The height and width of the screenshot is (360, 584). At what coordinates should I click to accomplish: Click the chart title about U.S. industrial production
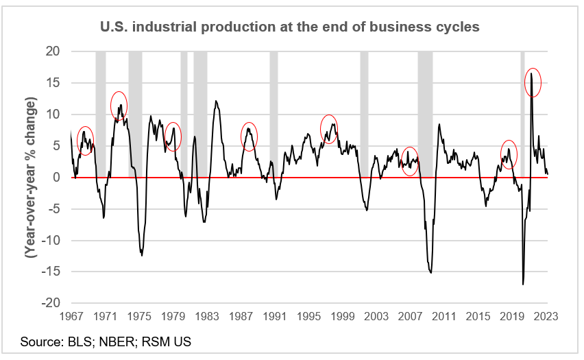[291, 28]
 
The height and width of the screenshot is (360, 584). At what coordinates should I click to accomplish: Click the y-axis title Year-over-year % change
[31, 176]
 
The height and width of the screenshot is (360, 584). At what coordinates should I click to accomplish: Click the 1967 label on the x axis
[71, 316]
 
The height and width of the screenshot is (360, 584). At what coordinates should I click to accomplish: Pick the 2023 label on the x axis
[546, 316]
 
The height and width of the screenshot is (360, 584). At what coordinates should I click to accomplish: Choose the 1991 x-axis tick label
[274, 316]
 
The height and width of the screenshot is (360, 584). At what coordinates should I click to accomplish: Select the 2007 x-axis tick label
[410, 316]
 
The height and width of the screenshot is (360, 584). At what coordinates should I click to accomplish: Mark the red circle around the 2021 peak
[533, 82]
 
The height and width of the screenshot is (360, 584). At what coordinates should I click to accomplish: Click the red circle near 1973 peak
[119, 105]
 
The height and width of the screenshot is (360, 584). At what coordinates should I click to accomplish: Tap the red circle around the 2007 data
[410, 162]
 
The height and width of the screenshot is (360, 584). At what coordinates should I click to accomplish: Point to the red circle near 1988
[249, 136]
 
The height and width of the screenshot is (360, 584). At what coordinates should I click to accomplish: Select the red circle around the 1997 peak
[329, 129]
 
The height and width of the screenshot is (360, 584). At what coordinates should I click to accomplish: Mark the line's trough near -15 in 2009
[430, 272]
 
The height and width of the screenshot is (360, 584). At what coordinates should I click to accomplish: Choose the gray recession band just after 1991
[273, 110]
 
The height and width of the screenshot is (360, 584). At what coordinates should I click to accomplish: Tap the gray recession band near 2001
[364, 110]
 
